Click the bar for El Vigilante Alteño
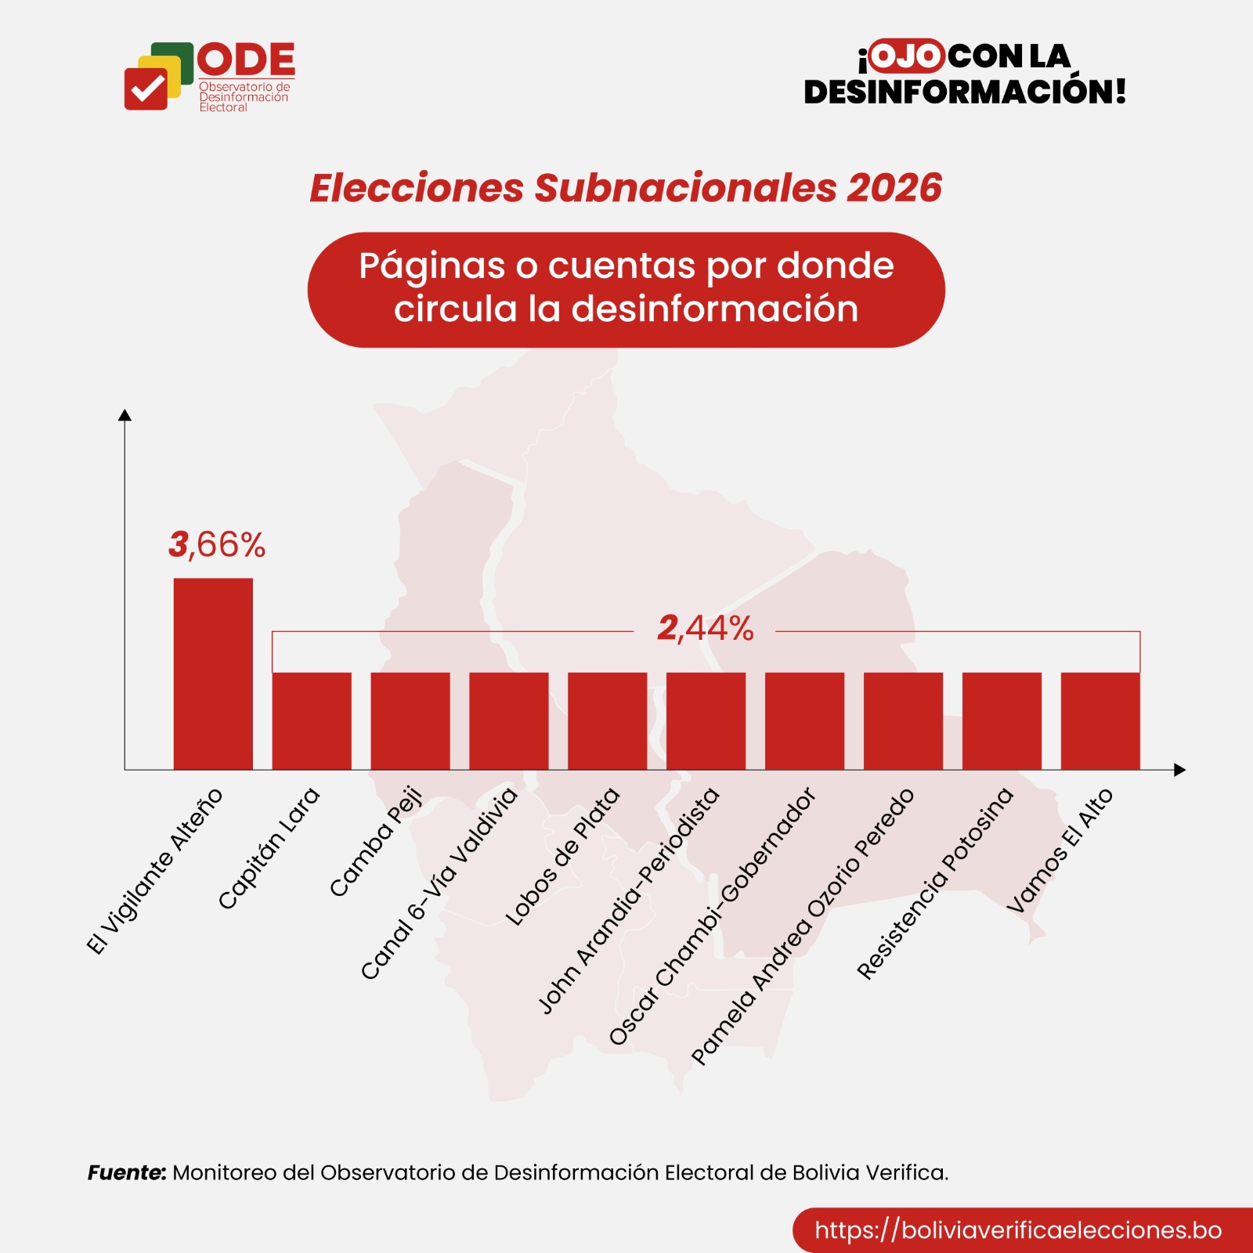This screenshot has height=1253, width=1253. pos(213,673)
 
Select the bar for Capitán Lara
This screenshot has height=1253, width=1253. pos(312,720)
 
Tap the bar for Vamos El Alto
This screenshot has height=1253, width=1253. pos(1100,720)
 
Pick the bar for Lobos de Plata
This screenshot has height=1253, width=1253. pos(608,720)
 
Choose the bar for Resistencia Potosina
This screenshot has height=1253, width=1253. pos(1002,720)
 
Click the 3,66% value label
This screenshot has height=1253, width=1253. pos(217,544)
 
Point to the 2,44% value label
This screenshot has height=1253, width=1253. pos(705,628)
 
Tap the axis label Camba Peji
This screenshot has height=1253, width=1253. pos(376,841)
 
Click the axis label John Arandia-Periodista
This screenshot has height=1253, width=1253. pos(629,901)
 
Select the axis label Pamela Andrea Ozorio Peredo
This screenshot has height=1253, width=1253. pos(803,926)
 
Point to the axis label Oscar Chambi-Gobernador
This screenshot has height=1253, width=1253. pos(713,916)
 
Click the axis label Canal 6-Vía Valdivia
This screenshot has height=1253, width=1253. pos(439,883)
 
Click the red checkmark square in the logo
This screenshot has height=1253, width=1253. pos(146,88)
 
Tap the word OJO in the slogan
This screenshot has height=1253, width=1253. pos(906,56)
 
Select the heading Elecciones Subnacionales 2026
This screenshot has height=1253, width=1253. pos(626,188)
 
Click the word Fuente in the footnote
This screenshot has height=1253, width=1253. pos(126,1172)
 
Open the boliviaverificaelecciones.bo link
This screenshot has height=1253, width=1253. pos(1017,1230)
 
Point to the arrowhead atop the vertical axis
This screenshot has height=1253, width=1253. pos(125,415)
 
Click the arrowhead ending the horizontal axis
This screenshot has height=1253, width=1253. pos(1180,770)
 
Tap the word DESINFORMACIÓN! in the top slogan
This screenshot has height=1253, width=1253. pos(965,92)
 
